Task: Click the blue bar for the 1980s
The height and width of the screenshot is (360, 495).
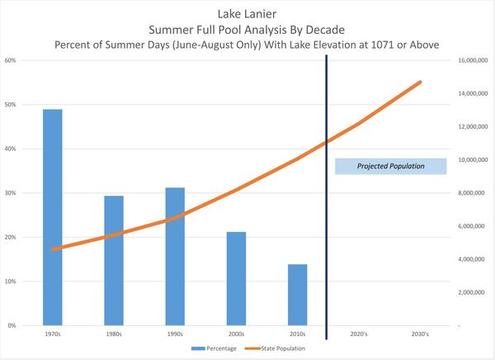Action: point(114,260)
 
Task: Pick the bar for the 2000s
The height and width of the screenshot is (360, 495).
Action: point(236,278)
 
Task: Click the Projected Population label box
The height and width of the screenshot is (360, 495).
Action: point(390,166)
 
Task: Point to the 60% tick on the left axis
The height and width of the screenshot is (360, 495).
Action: point(11,60)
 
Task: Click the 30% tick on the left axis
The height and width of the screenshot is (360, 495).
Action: point(11,193)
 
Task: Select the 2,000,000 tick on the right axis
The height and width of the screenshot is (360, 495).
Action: point(469,292)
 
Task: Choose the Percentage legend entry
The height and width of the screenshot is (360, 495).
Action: point(217,349)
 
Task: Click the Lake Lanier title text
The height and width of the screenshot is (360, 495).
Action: point(248,13)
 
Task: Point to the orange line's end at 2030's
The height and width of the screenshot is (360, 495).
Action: point(420,82)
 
